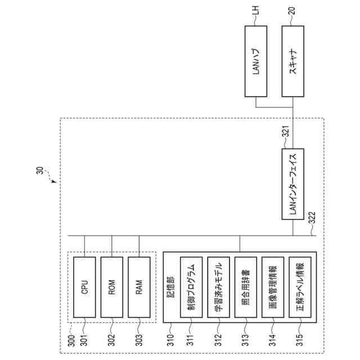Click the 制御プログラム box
pos(191,289)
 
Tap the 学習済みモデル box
pos(219,289)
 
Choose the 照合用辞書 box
pos(246,289)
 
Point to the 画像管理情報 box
pos(273,289)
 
